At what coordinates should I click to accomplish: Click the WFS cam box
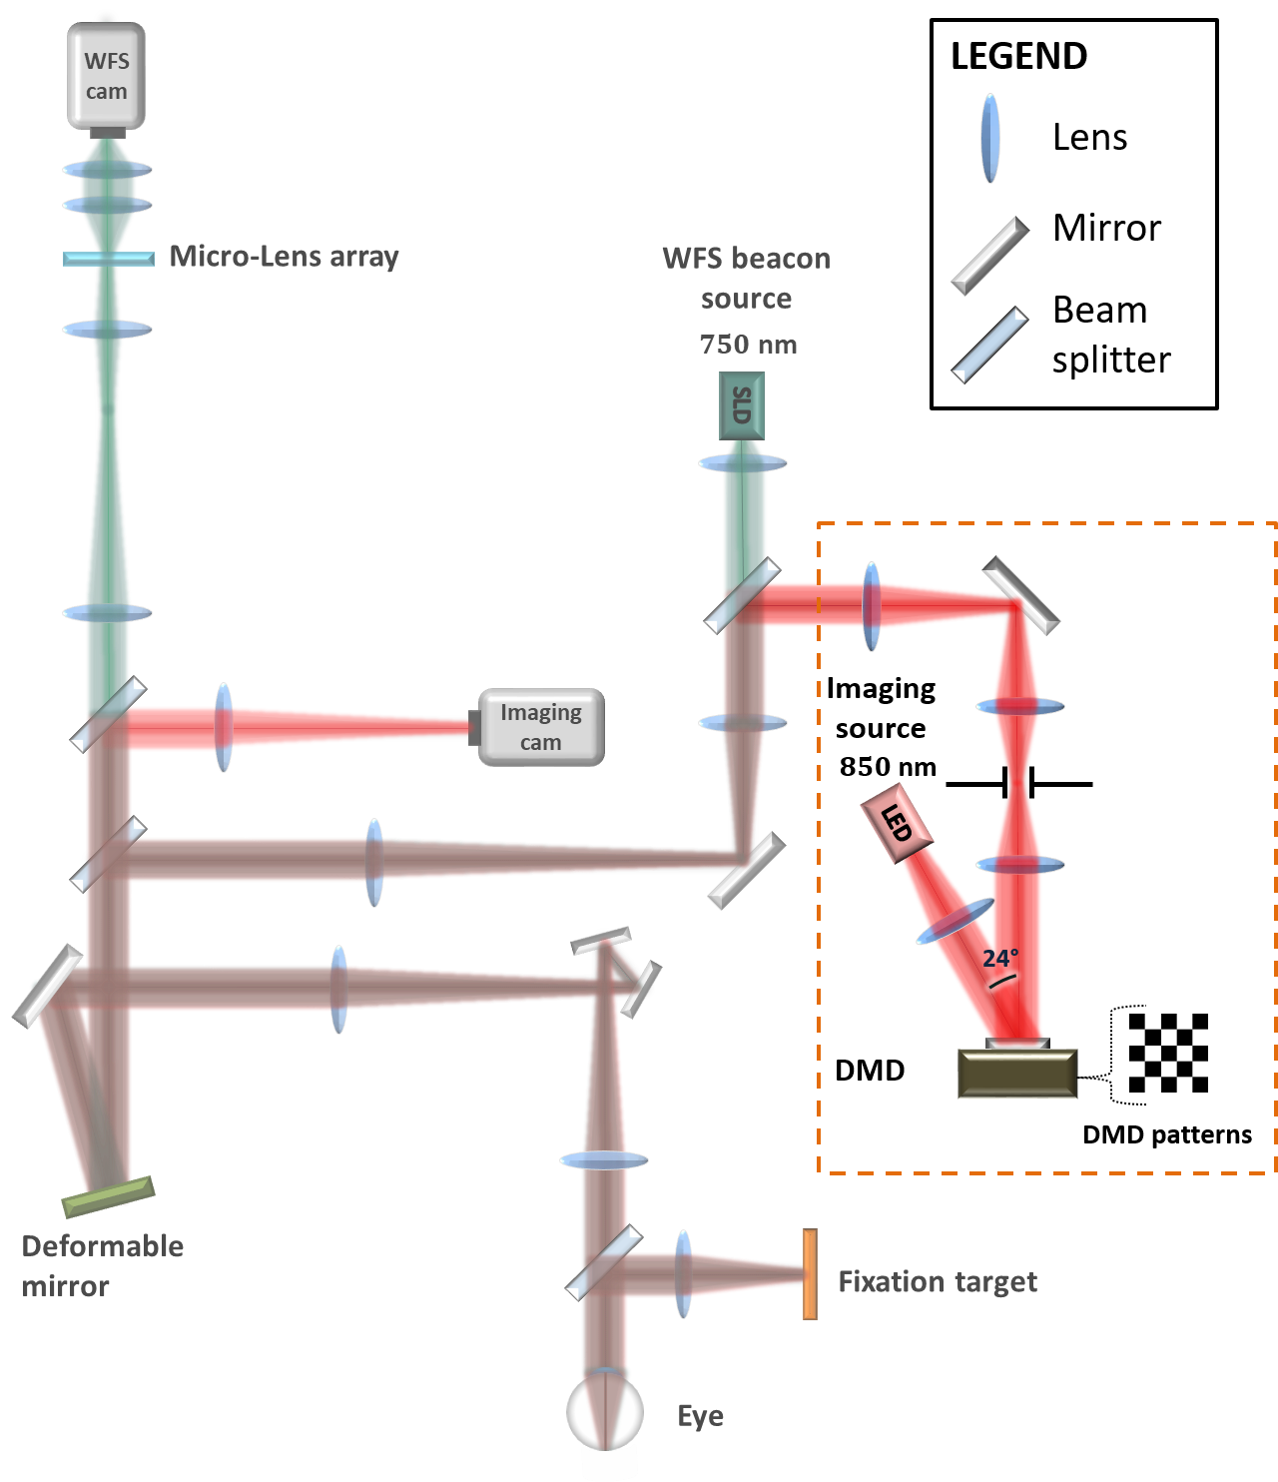(106, 76)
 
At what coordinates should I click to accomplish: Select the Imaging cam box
(540, 727)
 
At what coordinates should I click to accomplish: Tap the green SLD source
(742, 405)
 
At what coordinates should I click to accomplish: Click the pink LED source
(897, 823)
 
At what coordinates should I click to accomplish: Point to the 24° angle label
(1000, 960)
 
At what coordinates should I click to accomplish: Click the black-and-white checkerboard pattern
(1168, 1053)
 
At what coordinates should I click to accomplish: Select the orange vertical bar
(810, 1274)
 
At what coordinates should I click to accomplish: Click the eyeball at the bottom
(605, 1410)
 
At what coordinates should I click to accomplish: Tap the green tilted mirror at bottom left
(108, 1196)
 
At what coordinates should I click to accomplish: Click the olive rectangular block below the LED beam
(1017, 1074)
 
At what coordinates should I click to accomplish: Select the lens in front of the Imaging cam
(224, 727)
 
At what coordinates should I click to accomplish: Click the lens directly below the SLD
(742, 463)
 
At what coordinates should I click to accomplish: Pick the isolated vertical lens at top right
(989, 139)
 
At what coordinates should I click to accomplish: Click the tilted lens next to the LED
(956, 921)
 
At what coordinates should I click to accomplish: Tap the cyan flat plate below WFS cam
(109, 259)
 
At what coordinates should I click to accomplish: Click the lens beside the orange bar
(683, 1274)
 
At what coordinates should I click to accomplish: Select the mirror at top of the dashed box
(1020, 596)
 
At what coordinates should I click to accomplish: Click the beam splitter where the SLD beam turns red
(742, 596)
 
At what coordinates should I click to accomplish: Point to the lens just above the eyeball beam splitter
(604, 1160)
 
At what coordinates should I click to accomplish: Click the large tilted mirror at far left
(47, 986)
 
